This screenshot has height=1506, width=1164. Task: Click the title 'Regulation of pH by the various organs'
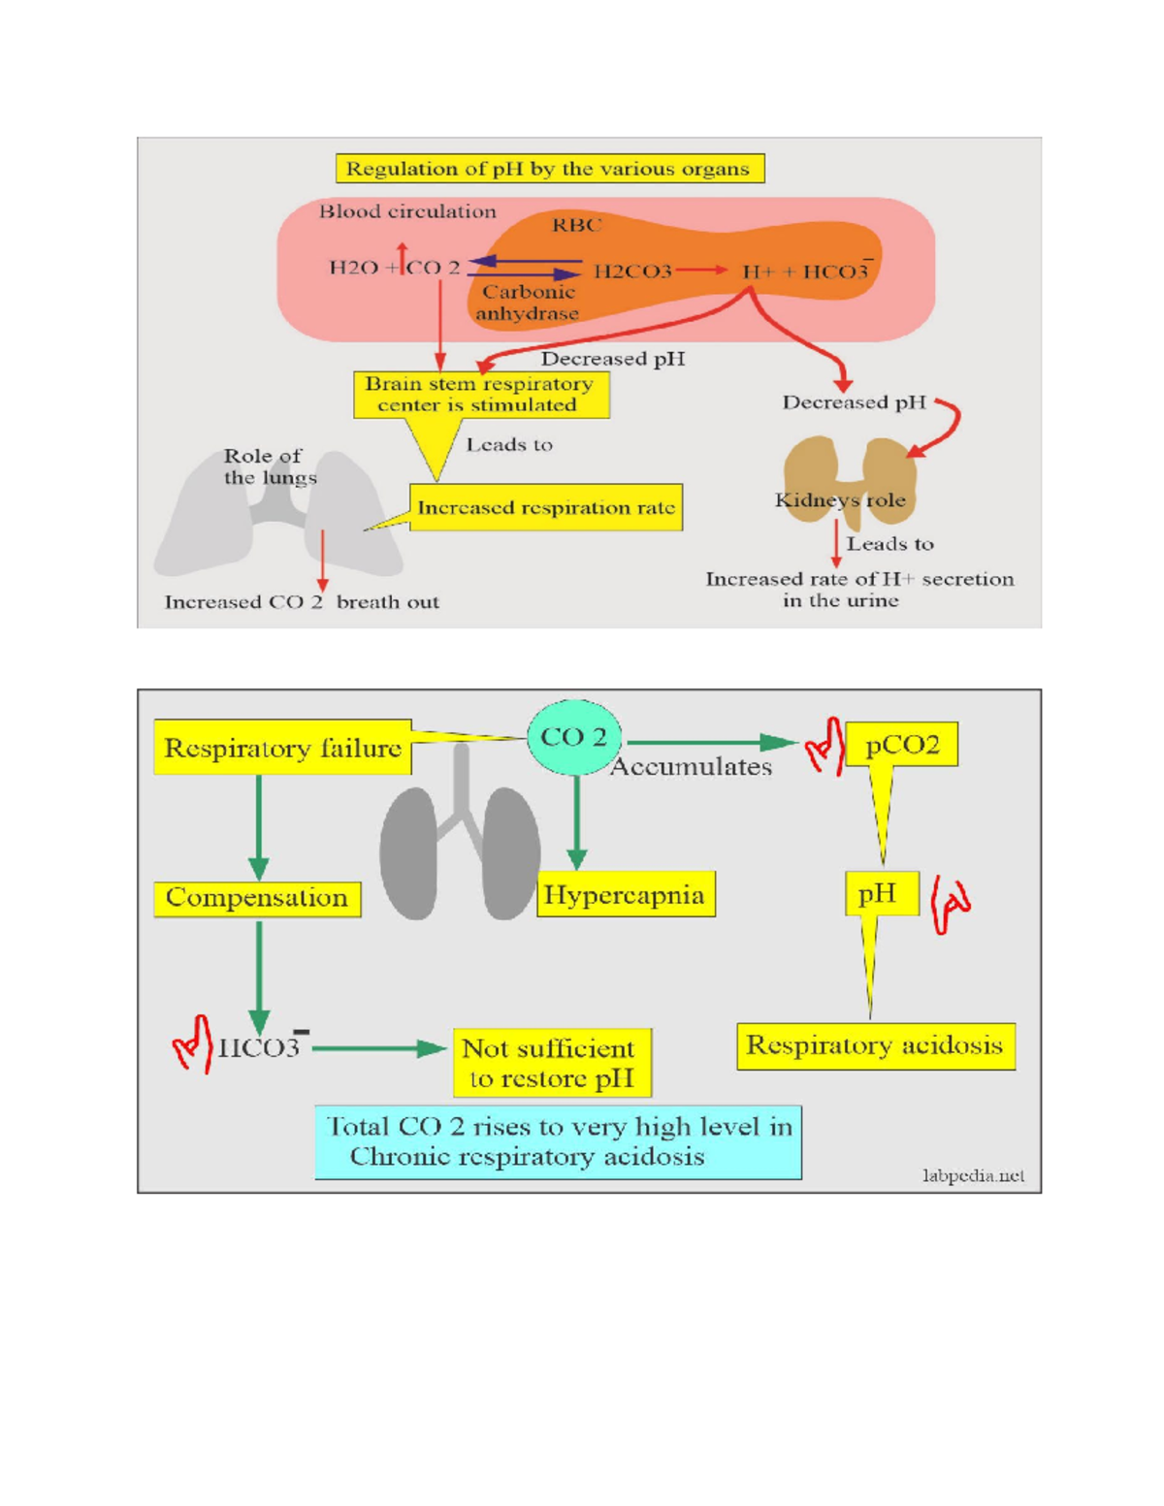tap(549, 169)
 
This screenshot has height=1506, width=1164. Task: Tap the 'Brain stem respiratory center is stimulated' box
tap(480, 395)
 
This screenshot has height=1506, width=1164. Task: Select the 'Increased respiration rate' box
tap(545, 508)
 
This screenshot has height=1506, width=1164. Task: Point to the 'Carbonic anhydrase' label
tap(528, 303)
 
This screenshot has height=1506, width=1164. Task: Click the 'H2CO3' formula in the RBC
tap(632, 272)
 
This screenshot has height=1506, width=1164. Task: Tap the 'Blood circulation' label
tap(407, 211)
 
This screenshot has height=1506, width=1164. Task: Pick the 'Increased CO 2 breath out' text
tap(302, 602)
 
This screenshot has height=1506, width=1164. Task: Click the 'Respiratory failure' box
tap(282, 748)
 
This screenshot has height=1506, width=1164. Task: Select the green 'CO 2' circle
tap(574, 738)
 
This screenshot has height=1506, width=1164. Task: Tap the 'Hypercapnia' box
tap(626, 894)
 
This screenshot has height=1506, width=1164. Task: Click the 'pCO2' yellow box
tap(902, 745)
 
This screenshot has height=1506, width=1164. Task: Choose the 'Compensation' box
tap(257, 898)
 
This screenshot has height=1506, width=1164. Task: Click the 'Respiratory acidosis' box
tap(875, 1045)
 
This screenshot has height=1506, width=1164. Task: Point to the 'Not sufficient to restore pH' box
tap(550, 1063)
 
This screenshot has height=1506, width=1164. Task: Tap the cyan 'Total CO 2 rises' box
tap(558, 1141)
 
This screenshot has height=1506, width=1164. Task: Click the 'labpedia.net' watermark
tap(973, 1175)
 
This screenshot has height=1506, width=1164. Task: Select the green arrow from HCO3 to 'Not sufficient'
tap(378, 1048)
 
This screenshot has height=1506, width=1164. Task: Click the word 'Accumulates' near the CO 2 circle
tap(691, 767)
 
